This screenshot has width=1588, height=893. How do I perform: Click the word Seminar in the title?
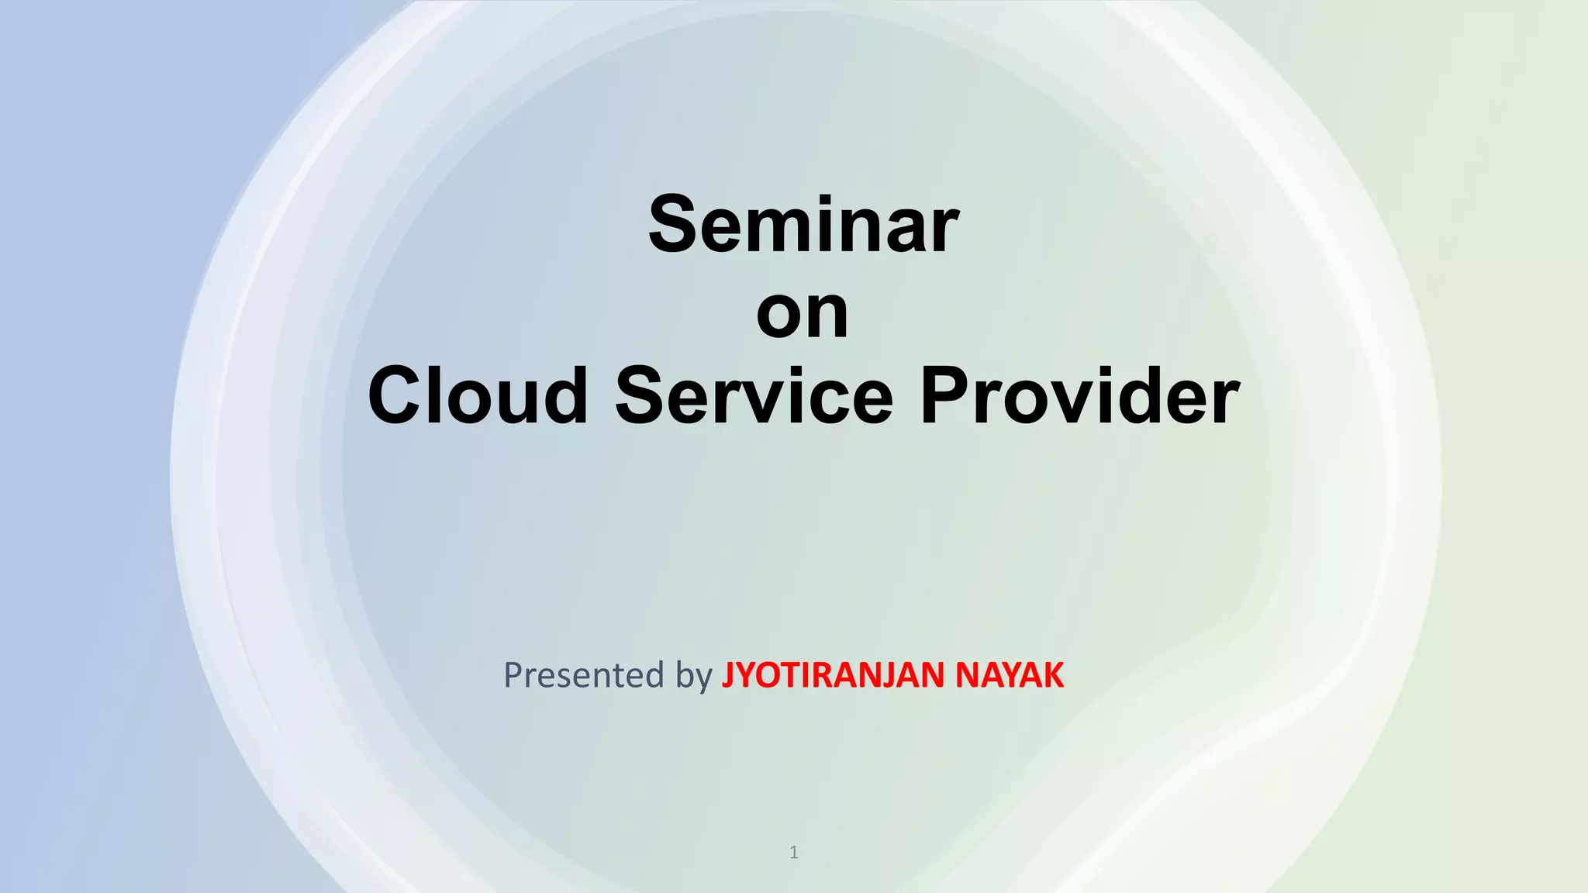(x=803, y=225)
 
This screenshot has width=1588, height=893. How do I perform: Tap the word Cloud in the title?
(x=478, y=396)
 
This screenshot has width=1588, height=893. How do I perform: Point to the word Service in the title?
(x=754, y=396)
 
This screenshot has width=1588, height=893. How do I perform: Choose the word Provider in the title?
(x=1079, y=396)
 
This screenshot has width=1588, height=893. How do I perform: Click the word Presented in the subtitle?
(x=584, y=675)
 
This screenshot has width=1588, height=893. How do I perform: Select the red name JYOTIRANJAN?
(x=834, y=675)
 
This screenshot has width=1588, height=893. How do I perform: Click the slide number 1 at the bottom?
(x=793, y=853)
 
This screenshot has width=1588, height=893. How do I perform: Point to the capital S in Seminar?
(x=676, y=225)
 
